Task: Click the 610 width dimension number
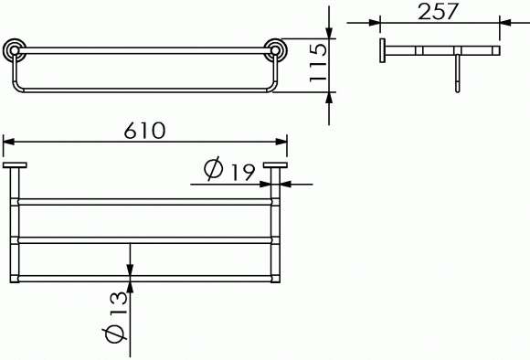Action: [144, 131]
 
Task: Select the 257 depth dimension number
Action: [438, 12]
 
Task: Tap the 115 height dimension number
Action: [318, 63]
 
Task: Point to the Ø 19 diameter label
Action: [229, 169]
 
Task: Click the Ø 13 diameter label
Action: [115, 317]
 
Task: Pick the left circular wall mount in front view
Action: [15, 50]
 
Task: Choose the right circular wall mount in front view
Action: [275, 50]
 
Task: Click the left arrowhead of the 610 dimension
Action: [8, 142]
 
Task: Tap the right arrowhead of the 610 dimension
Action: [281, 142]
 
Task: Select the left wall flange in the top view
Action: [15, 165]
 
